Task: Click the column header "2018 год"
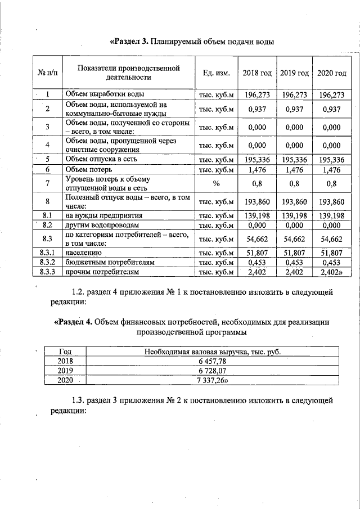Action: [257, 74]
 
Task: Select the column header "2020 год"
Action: [332, 74]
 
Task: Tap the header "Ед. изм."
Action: [213, 74]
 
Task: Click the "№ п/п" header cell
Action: [48, 74]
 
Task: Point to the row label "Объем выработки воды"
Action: [105, 94]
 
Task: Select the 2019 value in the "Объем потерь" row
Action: [295, 169]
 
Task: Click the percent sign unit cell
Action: [213, 183]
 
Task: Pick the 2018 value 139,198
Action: [257, 215]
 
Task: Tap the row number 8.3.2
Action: [48, 263]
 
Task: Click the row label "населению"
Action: [84, 253]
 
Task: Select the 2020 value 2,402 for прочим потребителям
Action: [332, 272]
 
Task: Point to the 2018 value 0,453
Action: [257, 263]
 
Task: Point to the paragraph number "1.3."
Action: [79, 400]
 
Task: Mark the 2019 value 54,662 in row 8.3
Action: [295, 239]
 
